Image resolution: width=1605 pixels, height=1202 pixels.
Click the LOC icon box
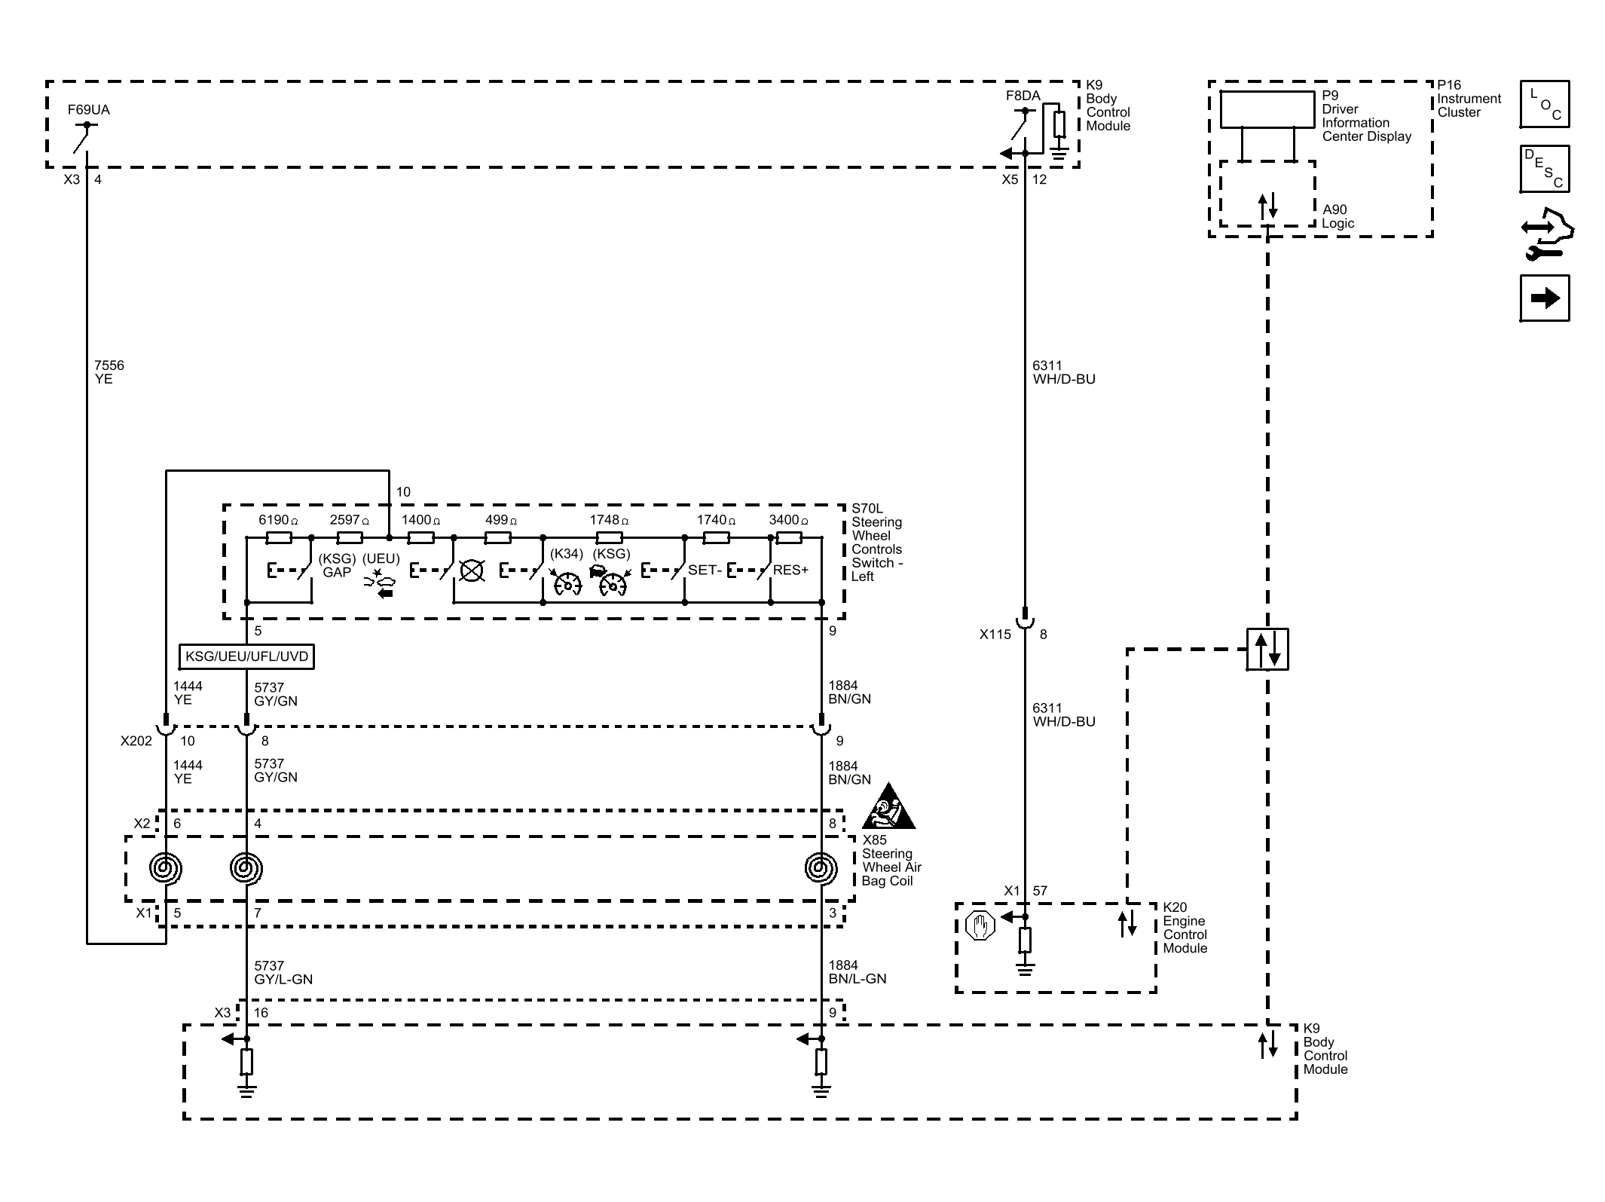click(x=1545, y=104)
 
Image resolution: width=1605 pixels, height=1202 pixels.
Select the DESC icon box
click(x=1545, y=169)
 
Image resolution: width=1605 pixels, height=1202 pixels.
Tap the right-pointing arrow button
click(x=1545, y=298)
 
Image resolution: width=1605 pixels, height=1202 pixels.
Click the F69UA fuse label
click(x=88, y=110)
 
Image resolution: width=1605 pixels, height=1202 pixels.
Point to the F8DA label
click(x=1023, y=96)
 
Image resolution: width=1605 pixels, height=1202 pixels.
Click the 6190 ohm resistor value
click(x=278, y=520)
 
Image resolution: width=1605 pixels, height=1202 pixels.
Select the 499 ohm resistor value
click(x=501, y=520)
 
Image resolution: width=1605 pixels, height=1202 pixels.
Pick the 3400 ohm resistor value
click(x=788, y=520)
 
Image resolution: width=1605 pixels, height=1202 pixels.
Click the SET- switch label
click(x=705, y=570)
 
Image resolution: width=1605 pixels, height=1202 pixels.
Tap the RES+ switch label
click(x=790, y=570)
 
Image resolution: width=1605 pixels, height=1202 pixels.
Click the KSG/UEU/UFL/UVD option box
click(x=246, y=656)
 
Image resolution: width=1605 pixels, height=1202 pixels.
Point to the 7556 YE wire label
click(x=109, y=372)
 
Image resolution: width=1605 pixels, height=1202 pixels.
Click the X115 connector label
click(x=995, y=635)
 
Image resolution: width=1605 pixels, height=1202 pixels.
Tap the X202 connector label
click(x=136, y=741)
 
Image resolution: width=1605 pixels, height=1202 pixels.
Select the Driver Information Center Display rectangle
click(x=1267, y=110)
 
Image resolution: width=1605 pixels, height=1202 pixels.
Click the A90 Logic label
click(x=1337, y=216)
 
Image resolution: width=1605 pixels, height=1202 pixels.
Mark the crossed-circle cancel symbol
click(x=472, y=570)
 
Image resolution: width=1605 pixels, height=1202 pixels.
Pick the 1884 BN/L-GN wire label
click(x=858, y=972)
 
